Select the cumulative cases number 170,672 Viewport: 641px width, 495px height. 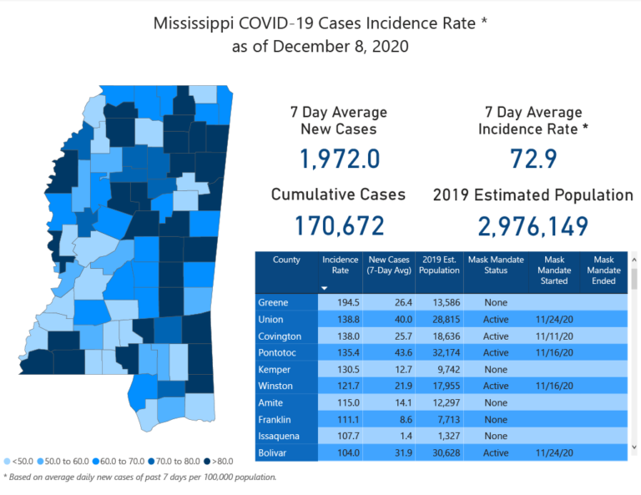click(339, 225)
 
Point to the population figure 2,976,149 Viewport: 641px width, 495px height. click(532, 225)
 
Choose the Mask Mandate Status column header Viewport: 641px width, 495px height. click(496, 265)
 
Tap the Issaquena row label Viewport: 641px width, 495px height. click(279, 436)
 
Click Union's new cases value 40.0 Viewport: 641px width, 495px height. click(389, 319)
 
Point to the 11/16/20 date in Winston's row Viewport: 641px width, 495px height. click(553, 386)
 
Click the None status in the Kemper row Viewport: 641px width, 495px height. click(496, 369)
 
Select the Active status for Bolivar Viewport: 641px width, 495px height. click(495, 452)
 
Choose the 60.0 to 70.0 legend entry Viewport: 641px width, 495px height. click(122, 460)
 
